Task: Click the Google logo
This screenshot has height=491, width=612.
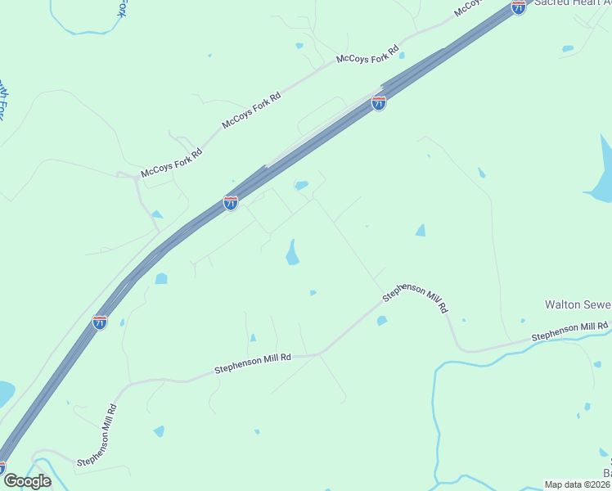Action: pos(26,480)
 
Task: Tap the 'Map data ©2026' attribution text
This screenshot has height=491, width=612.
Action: pos(577,484)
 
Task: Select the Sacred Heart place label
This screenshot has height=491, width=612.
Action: pos(572,3)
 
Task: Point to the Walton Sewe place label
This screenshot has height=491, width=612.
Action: pos(578,304)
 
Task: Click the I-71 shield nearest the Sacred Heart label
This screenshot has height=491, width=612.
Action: pos(518,7)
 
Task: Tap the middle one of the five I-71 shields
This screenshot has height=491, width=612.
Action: pos(231,202)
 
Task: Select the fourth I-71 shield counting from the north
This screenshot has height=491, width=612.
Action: pos(100,322)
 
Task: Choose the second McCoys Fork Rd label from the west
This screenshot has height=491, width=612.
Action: pos(251,111)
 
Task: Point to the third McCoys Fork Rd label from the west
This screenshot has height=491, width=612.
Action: pos(367,51)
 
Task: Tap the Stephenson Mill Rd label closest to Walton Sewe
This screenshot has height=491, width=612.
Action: pos(569,332)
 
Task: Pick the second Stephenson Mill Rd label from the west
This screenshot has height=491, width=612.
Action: pos(253,364)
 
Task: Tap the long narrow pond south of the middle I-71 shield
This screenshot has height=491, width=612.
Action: pos(292,252)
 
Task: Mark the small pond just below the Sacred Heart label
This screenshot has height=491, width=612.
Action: pos(568,49)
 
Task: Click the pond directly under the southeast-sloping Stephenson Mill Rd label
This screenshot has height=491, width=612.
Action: pos(382,321)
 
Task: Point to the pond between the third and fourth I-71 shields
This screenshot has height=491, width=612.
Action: pos(161,279)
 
